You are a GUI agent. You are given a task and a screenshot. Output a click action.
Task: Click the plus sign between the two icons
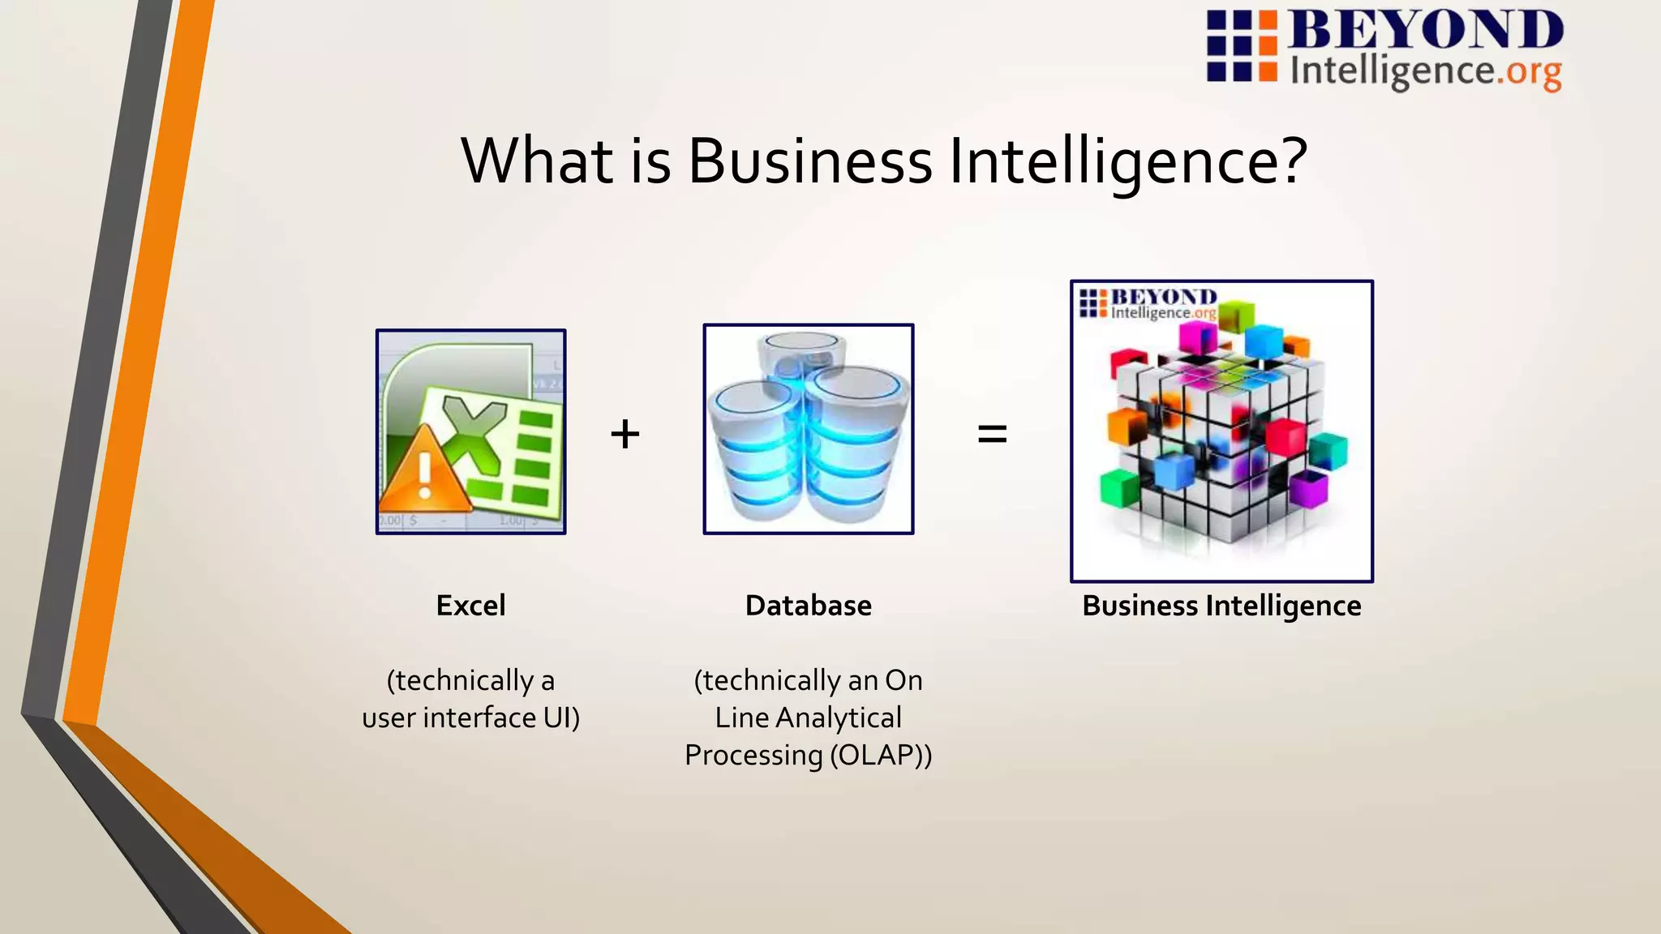(625, 434)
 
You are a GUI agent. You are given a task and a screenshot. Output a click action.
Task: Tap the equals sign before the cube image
(992, 434)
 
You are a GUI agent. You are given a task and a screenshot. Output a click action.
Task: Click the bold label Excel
(470, 606)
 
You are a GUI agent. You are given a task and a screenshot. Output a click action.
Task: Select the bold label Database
(808, 606)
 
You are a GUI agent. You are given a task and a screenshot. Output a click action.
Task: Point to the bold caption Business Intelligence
(1221, 606)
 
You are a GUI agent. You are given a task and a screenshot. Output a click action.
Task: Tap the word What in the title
(538, 161)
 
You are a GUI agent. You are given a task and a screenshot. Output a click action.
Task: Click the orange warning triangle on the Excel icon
(423, 473)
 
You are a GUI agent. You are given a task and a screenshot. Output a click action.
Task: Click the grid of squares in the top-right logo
(1241, 46)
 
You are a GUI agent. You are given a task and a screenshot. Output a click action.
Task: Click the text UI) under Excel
(562, 718)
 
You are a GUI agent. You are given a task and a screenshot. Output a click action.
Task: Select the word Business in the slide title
(810, 161)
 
